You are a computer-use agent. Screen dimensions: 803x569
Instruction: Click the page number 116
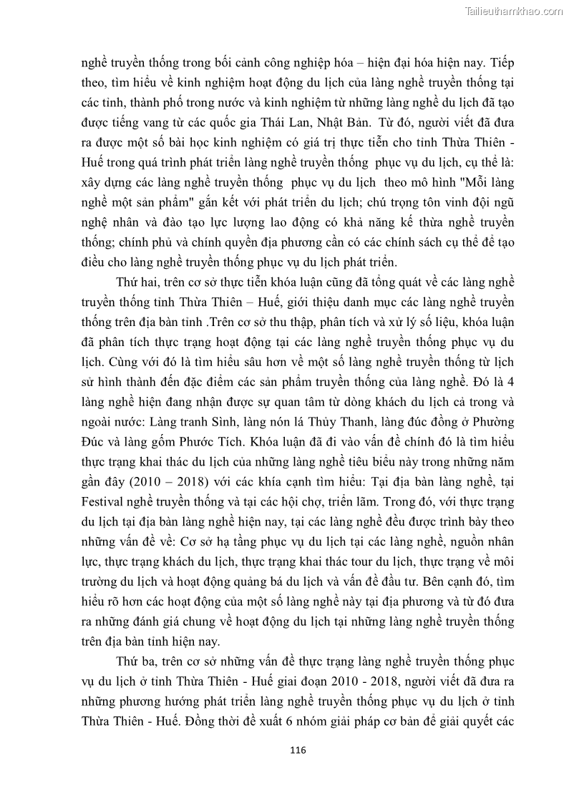(x=298, y=750)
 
